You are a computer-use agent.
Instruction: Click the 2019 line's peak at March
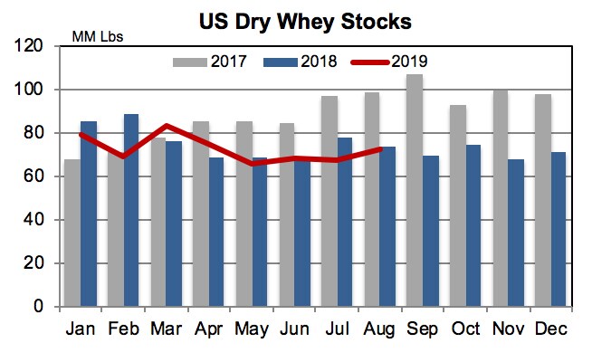point(167,126)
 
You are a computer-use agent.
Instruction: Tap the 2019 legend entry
point(389,62)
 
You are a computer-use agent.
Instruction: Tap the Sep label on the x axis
point(423,329)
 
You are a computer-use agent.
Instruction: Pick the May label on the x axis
point(252,329)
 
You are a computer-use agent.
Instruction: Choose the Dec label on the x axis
point(550,329)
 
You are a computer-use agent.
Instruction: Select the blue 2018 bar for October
point(473,225)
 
